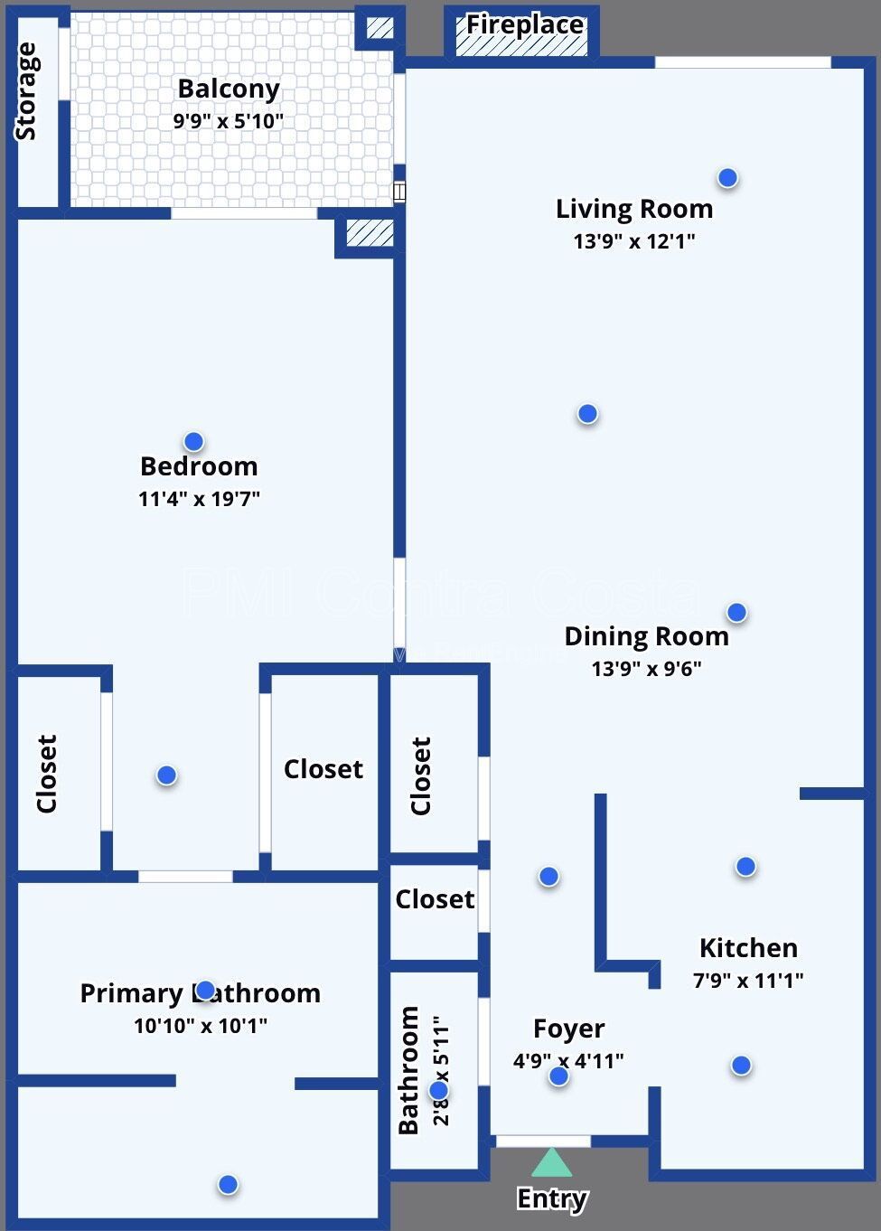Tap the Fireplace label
tap(524, 25)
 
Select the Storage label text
tap(27, 91)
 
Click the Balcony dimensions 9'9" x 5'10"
tap(229, 120)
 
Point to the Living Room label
tap(633, 209)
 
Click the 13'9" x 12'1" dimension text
tap(633, 241)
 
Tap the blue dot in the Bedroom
tap(193, 442)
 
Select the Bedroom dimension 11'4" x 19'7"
tap(199, 498)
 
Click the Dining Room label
tap(646, 636)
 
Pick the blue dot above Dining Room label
tap(736, 613)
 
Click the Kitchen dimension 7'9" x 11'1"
tap(748, 980)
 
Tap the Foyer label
tap(568, 1029)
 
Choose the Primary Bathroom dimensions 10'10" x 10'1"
tap(201, 1026)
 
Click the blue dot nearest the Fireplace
tap(727, 178)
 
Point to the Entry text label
tap(551, 1198)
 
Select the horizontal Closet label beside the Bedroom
tap(323, 769)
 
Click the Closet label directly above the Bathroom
tap(435, 899)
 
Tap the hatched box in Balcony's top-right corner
tap(380, 28)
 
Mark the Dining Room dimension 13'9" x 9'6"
tap(646, 669)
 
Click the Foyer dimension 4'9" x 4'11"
tap(568, 1061)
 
